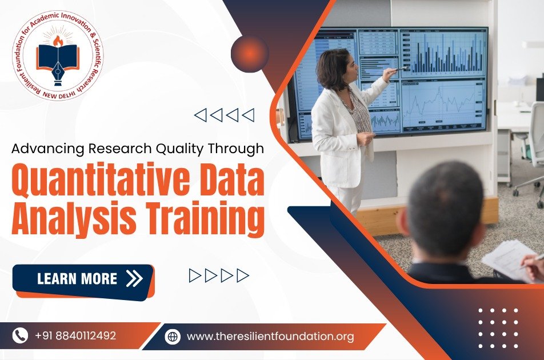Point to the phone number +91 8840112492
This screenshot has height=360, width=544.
coord(75,336)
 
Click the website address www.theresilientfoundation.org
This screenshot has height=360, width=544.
coord(270,337)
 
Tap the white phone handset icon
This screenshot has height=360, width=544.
coord(20,335)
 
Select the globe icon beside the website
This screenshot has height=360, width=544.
coord(173,337)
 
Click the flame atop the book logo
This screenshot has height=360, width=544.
coord(58,41)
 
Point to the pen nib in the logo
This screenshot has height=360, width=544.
coord(58,73)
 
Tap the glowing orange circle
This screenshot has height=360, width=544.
coord(250,53)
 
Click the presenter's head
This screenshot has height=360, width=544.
coord(337,69)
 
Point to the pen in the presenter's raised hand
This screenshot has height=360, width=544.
coord(399,69)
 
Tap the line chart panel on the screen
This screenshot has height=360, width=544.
coord(442,105)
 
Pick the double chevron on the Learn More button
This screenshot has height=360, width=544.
coord(135,278)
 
